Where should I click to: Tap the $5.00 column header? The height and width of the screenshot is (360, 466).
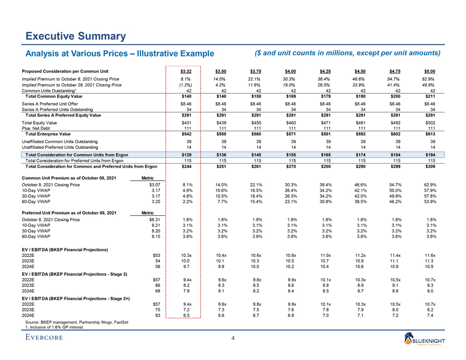tap(430, 71)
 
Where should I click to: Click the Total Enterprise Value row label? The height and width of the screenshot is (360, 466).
tap(48, 134)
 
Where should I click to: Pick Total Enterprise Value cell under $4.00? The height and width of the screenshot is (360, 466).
tap(291, 134)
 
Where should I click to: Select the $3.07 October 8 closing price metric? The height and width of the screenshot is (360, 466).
tap(155, 184)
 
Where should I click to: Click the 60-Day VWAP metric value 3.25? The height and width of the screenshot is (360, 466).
tap(156, 202)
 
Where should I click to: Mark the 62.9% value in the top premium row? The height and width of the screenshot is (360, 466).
tap(429, 79)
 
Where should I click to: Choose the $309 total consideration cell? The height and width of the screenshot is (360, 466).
tap(430, 166)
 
